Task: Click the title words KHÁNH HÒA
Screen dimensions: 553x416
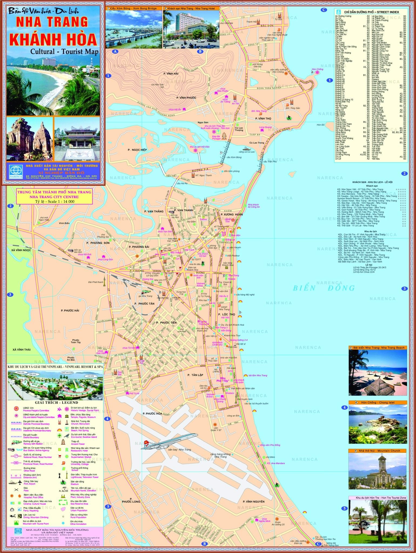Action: pos(53,39)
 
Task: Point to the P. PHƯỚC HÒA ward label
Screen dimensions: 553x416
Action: pos(152,413)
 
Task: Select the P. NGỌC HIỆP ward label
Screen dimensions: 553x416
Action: pos(137,150)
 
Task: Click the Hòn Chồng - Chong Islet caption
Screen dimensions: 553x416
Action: pos(378,403)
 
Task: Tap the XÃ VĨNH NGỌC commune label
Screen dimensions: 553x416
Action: pos(21,250)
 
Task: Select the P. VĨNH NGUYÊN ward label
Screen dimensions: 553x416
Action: pos(253,501)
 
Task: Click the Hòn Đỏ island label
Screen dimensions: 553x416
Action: pos(320,125)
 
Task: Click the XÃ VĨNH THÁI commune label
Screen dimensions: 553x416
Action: pos(22,349)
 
